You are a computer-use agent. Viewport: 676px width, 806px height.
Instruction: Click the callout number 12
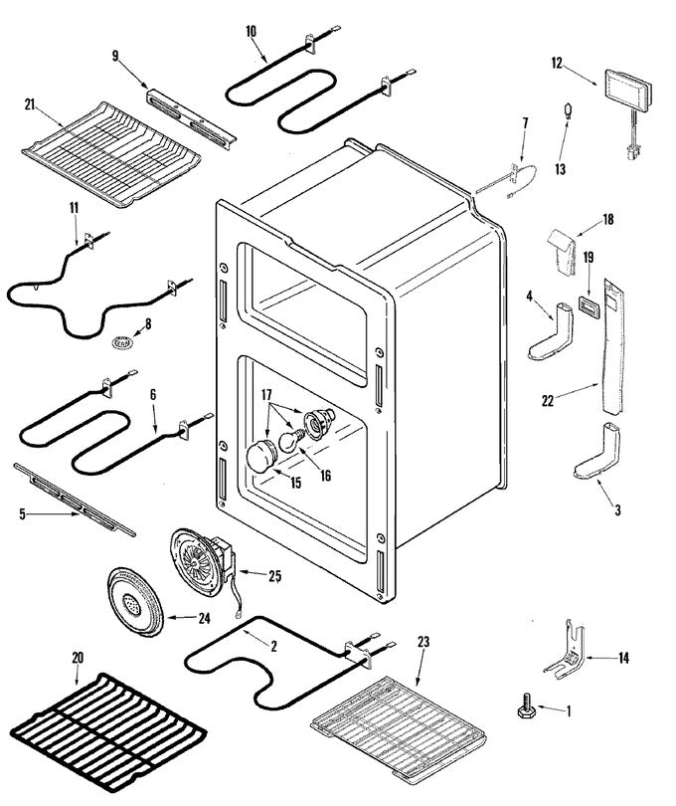click(x=557, y=64)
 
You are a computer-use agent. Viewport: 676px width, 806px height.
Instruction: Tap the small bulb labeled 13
click(x=568, y=111)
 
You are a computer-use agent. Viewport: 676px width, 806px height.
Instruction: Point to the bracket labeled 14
click(x=566, y=651)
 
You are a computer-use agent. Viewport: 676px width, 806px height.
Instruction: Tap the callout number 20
click(x=78, y=658)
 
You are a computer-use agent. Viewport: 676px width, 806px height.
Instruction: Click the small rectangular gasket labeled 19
click(x=587, y=304)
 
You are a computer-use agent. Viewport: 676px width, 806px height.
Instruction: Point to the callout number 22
click(x=548, y=400)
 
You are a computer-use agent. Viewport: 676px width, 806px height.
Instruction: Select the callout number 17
click(x=266, y=395)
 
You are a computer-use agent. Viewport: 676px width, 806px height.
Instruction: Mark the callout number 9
click(x=115, y=56)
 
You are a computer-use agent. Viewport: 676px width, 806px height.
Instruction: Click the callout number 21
click(x=30, y=104)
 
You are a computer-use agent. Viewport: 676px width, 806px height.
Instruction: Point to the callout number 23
click(x=423, y=642)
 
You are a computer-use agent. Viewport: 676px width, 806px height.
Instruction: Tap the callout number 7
click(x=525, y=122)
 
